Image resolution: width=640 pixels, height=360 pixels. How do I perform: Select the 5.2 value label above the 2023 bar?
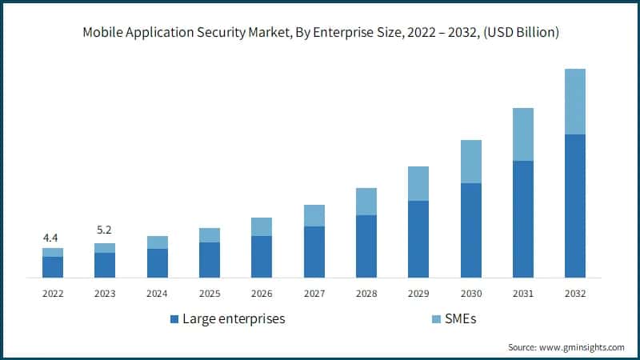105,230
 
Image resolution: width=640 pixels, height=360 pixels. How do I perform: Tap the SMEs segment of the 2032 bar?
574,102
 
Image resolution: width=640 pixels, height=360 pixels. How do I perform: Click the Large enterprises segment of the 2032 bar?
574,206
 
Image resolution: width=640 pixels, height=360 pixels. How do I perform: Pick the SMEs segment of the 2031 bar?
522,134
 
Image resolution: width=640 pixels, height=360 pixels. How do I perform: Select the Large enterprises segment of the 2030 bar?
470,230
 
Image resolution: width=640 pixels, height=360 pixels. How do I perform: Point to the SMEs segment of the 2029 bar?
418,183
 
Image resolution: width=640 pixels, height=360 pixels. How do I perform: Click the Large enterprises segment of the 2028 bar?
366,246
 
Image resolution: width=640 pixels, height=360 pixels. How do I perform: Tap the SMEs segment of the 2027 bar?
314,215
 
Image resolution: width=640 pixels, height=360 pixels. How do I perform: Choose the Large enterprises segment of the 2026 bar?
262,257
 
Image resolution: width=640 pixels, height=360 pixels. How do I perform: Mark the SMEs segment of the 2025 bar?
210,235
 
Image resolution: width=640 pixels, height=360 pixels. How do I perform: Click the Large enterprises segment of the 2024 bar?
158,263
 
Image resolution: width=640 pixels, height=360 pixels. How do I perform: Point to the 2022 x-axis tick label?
53,294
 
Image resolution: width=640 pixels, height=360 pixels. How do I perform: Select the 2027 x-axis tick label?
314,294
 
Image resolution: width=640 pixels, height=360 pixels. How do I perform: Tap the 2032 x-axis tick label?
574,294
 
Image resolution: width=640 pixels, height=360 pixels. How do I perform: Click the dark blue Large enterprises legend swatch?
174,319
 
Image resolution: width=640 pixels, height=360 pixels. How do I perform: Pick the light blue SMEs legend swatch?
435,319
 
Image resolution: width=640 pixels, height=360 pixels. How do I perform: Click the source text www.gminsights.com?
583,347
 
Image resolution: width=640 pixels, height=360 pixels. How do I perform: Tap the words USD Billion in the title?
520,33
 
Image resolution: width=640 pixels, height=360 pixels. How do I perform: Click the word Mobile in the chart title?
100,33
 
